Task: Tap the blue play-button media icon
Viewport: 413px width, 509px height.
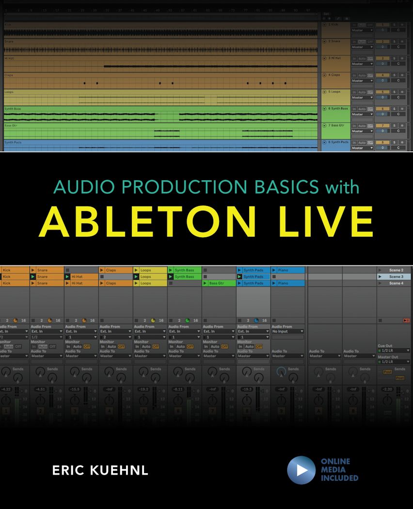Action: tap(301, 470)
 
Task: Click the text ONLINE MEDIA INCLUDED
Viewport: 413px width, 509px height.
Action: tap(339, 470)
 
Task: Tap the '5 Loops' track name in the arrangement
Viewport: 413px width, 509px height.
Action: tap(334, 92)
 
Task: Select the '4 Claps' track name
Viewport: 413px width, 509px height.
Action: tap(334, 75)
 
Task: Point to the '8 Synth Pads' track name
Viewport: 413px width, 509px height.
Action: tap(338, 142)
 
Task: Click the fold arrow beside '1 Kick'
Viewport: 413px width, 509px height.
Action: tap(325, 25)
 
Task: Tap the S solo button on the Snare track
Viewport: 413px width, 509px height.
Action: tap(394, 42)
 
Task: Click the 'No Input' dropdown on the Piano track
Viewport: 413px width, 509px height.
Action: tap(287, 331)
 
